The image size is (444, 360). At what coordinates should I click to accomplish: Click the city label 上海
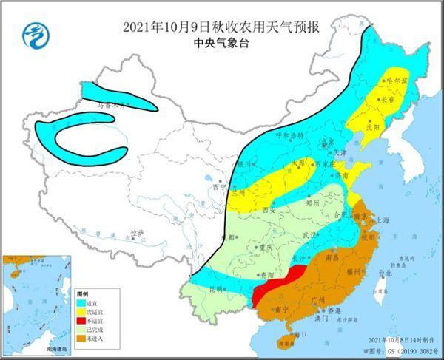click(x=383, y=220)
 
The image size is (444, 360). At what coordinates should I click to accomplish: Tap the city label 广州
click(x=320, y=298)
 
